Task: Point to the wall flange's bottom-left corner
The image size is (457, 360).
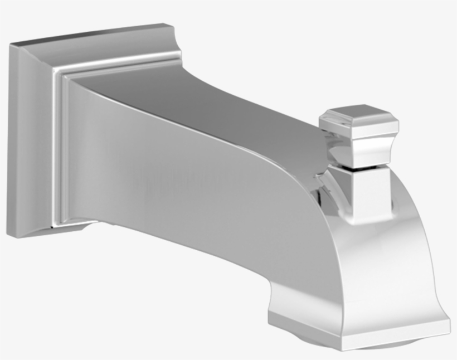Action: (11, 235)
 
